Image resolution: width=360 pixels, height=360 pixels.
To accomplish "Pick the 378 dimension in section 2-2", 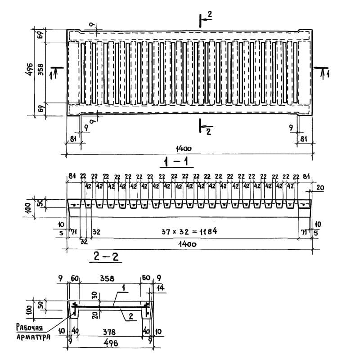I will [x=109, y=332].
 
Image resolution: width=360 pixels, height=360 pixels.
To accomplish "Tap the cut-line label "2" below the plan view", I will [x=209, y=131].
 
